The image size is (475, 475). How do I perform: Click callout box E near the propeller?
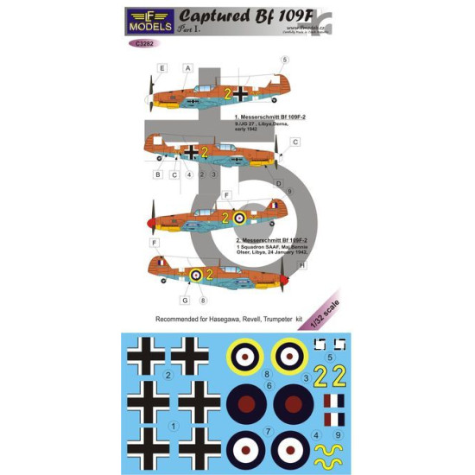(x=161, y=67)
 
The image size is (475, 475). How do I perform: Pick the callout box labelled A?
(x=187, y=67)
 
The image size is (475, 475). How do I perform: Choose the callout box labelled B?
(x=158, y=174)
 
